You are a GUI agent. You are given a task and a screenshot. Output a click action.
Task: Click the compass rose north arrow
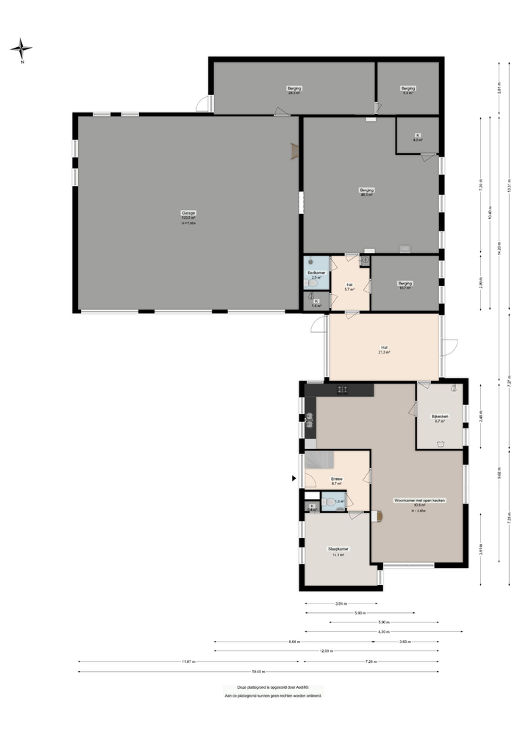pos(21,49)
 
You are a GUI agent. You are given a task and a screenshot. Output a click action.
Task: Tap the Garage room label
pos(188,212)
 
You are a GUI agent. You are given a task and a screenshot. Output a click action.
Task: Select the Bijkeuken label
pos(439,417)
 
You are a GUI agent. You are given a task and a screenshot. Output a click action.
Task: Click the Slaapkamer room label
pos(338,548)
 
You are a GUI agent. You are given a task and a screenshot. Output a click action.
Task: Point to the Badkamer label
pos(316,273)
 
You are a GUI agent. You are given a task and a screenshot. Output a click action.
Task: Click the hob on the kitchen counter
pos(342,389)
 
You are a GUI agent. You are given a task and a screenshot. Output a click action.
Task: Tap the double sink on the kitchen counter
pos(309,420)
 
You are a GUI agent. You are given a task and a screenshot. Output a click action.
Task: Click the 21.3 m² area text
pos(384,353)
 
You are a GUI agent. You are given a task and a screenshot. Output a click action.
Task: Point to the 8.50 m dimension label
pos(384,631)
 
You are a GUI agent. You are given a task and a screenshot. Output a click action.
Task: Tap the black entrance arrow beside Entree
pos(295,479)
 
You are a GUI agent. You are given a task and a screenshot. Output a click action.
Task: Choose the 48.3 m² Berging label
pos(366,190)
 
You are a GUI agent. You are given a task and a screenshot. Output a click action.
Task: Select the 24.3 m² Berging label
pos(294,88)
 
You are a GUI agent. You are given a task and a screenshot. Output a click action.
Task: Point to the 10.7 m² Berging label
pos(405,283)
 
